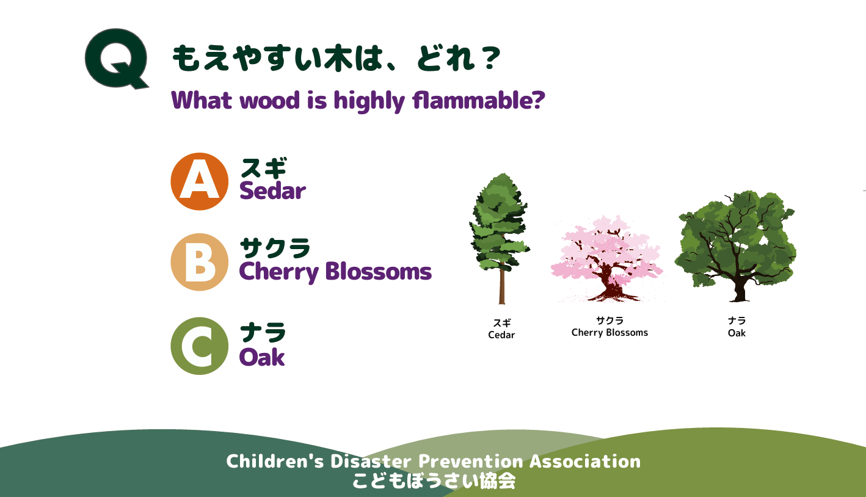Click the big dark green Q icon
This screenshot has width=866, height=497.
(116, 58)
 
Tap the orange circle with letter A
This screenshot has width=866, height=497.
(200, 181)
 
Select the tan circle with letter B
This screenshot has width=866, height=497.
(200, 262)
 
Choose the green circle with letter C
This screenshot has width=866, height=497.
(200, 346)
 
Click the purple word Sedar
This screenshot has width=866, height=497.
(272, 191)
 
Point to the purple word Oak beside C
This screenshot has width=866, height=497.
(262, 357)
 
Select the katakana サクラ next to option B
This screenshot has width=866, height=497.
(275, 248)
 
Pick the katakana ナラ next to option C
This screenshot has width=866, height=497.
(263, 332)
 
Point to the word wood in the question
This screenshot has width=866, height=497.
(270, 100)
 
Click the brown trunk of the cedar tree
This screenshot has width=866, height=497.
(502, 284)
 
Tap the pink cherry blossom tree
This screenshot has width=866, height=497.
(608, 259)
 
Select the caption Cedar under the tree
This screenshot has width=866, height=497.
(501, 335)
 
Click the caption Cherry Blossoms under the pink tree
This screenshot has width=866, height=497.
(609, 332)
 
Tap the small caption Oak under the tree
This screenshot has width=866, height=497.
(737, 333)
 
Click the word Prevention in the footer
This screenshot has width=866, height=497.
(471, 462)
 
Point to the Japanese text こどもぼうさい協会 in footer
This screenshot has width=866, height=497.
(434, 481)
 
